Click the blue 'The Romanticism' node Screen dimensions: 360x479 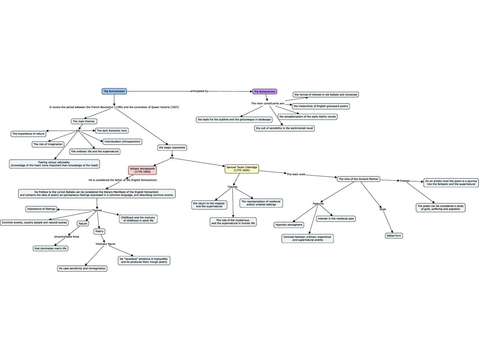pos(114,91)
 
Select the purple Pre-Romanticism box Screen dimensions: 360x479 pos(265,92)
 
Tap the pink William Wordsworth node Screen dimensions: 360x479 pos(142,170)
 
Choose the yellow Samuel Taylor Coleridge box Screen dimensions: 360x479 pos(242,169)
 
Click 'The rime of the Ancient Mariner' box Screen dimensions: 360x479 pos(359,179)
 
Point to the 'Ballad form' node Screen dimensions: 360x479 pos(394,236)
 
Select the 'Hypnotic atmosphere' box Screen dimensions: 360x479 pos(289,225)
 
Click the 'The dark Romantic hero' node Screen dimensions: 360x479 pos(112,130)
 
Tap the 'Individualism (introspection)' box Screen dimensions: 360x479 pos(122,142)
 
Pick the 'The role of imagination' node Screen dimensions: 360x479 pos(48,144)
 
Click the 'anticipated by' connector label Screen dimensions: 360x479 pos(199,91)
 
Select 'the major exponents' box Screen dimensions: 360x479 pos(172,148)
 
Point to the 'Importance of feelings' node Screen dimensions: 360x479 pos(41,209)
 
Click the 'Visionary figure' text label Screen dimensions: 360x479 pos(105,244)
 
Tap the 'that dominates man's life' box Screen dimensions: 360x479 pos(50,248)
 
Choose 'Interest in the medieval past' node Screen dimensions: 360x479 pos(336,219)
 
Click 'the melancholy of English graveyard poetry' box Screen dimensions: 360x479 pos(321,106)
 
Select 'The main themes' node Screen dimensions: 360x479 pos(84,121)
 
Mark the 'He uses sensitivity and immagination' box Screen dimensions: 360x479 pos(82,268)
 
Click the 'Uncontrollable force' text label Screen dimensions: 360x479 pos(67,237)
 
